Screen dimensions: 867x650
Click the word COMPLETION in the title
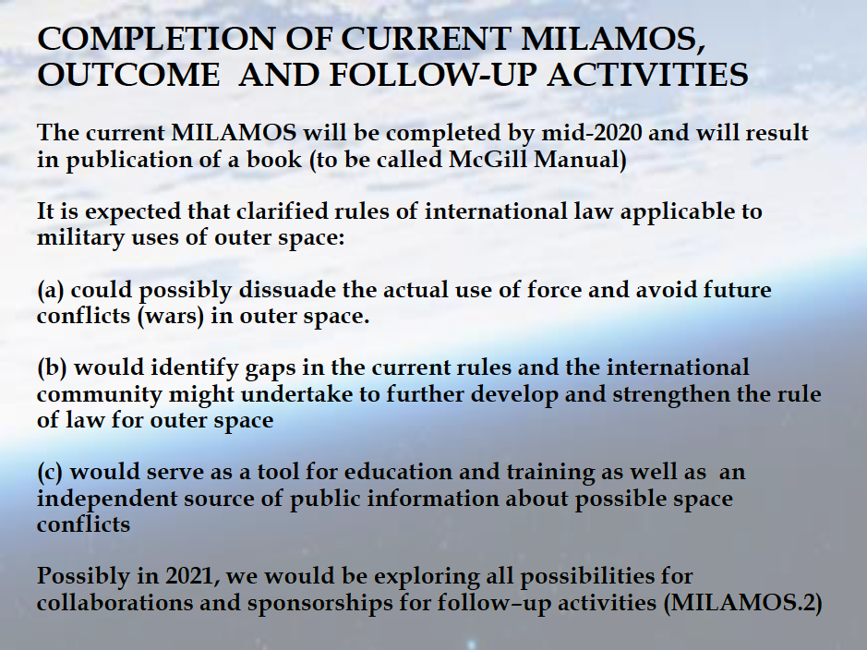coord(156,40)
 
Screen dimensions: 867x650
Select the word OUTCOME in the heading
coord(128,75)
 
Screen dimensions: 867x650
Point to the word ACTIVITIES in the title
coord(648,75)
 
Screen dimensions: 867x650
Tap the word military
coord(80,238)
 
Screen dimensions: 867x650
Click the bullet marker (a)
coord(51,290)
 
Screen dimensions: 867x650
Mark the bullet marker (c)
coord(50,473)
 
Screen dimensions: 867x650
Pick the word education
coord(399,473)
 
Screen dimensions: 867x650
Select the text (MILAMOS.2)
coord(742,603)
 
